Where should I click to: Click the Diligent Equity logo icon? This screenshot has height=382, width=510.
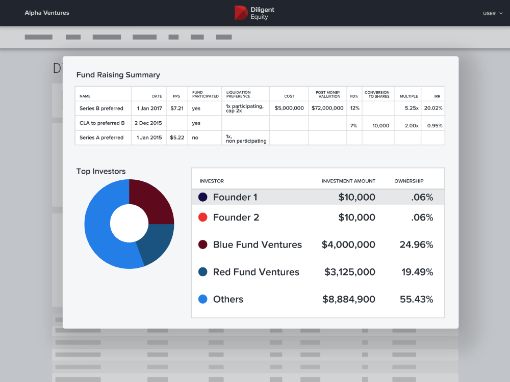pos(241,13)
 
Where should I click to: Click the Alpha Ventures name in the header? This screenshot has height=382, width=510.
pos(47,13)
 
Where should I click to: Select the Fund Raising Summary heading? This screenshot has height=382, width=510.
pos(118,75)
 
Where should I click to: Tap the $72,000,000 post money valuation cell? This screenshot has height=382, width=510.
pos(327,108)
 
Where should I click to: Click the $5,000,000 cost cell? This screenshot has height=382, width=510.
pos(289,108)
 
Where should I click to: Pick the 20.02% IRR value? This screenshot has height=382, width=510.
pos(433,108)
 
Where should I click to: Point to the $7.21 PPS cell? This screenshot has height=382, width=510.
pos(176,108)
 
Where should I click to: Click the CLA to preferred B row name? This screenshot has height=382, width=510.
pos(102,123)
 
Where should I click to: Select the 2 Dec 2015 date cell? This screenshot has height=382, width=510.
pos(148,123)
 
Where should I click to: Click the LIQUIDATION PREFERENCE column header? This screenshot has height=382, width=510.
pos(238,94)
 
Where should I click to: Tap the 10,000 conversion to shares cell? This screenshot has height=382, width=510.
pos(380,126)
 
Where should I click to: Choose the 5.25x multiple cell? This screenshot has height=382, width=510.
pos(411,108)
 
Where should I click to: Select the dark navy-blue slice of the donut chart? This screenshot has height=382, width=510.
pos(156,244)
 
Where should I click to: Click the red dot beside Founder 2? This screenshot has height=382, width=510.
pos(202,217)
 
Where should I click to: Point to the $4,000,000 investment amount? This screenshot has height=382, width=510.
pos(348,245)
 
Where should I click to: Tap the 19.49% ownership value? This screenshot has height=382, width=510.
pos(417,272)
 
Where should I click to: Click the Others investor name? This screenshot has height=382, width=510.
pos(228,299)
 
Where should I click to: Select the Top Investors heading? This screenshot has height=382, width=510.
pos(100,172)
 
